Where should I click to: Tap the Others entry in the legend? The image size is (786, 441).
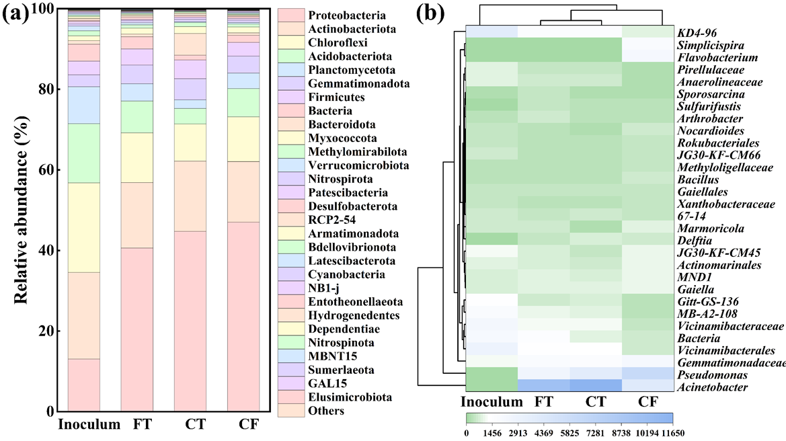pyautogui.click(x=325, y=410)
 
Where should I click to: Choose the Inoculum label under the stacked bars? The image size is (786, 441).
pyautogui.click(x=89, y=425)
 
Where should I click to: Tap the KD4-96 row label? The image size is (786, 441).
pyautogui.click(x=697, y=32)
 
